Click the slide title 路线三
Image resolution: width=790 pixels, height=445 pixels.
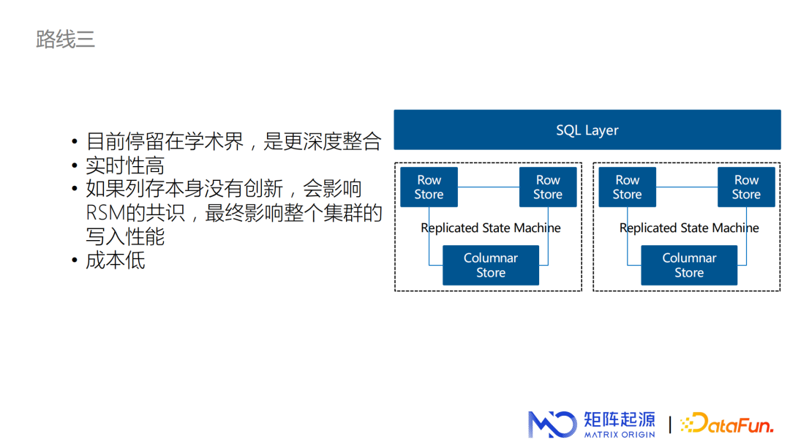coord(66,40)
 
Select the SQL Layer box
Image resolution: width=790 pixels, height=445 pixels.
coord(587,130)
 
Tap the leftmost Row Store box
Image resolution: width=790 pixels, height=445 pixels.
coord(429,187)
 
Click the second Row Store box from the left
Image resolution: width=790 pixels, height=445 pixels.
coord(548,187)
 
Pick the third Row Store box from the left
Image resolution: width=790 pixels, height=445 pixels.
coord(628,187)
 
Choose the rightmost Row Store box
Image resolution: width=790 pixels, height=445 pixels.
coord(746,187)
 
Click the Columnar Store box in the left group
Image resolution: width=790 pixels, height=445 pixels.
coord(491,265)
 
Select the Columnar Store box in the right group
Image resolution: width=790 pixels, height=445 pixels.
coord(689,265)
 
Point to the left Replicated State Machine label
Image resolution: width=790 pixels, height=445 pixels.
coord(491,228)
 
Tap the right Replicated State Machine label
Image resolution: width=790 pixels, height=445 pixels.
coord(689,228)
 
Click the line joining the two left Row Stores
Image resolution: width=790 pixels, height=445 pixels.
coord(488,187)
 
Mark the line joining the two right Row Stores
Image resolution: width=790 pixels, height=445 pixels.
coord(687,187)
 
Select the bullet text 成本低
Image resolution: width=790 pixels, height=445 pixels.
coord(116,261)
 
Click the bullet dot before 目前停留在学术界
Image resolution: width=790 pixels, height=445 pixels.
coord(75,141)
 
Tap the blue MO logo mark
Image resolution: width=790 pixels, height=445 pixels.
coord(552,425)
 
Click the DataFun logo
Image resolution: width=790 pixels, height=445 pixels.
coord(727,424)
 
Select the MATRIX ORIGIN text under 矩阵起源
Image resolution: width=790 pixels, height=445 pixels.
coord(620,435)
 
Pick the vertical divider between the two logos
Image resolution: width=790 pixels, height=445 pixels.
coord(670,425)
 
